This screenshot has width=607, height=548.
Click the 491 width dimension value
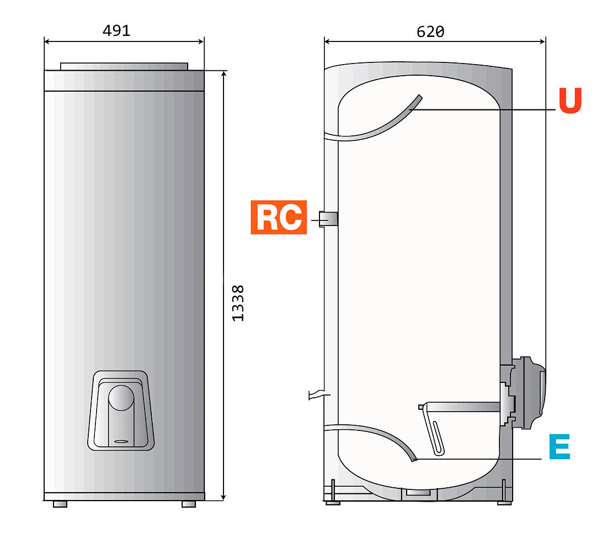(x=116, y=30)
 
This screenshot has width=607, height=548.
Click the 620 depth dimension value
(x=430, y=32)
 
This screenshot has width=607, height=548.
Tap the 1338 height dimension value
(x=238, y=303)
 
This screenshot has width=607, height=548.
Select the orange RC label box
(x=279, y=218)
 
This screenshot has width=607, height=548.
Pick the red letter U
(x=570, y=101)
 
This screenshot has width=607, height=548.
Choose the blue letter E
(x=560, y=446)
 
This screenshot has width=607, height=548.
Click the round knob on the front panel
(x=121, y=398)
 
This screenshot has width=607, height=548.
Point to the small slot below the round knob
(x=121, y=441)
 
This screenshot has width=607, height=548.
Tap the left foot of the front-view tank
(x=60, y=504)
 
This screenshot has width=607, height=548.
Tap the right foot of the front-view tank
(x=189, y=504)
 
